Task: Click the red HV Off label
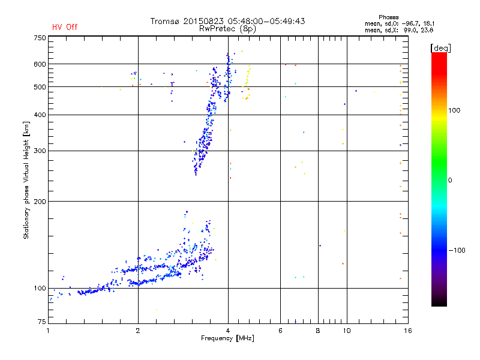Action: pyautogui.click(x=64, y=27)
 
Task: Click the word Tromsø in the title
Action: pyautogui.click(x=165, y=21)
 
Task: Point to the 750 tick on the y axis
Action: pyautogui.click(x=40, y=38)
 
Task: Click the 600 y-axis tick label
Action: pyautogui.click(x=40, y=64)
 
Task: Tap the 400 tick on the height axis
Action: pyautogui.click(x=40, y=115)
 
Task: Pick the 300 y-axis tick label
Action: pyautogui.click(x=40, y=151)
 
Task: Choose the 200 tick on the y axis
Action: pyautogui.click(x=40, y=202)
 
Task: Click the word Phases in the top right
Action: pyautogui.click(x=389, y=17)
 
